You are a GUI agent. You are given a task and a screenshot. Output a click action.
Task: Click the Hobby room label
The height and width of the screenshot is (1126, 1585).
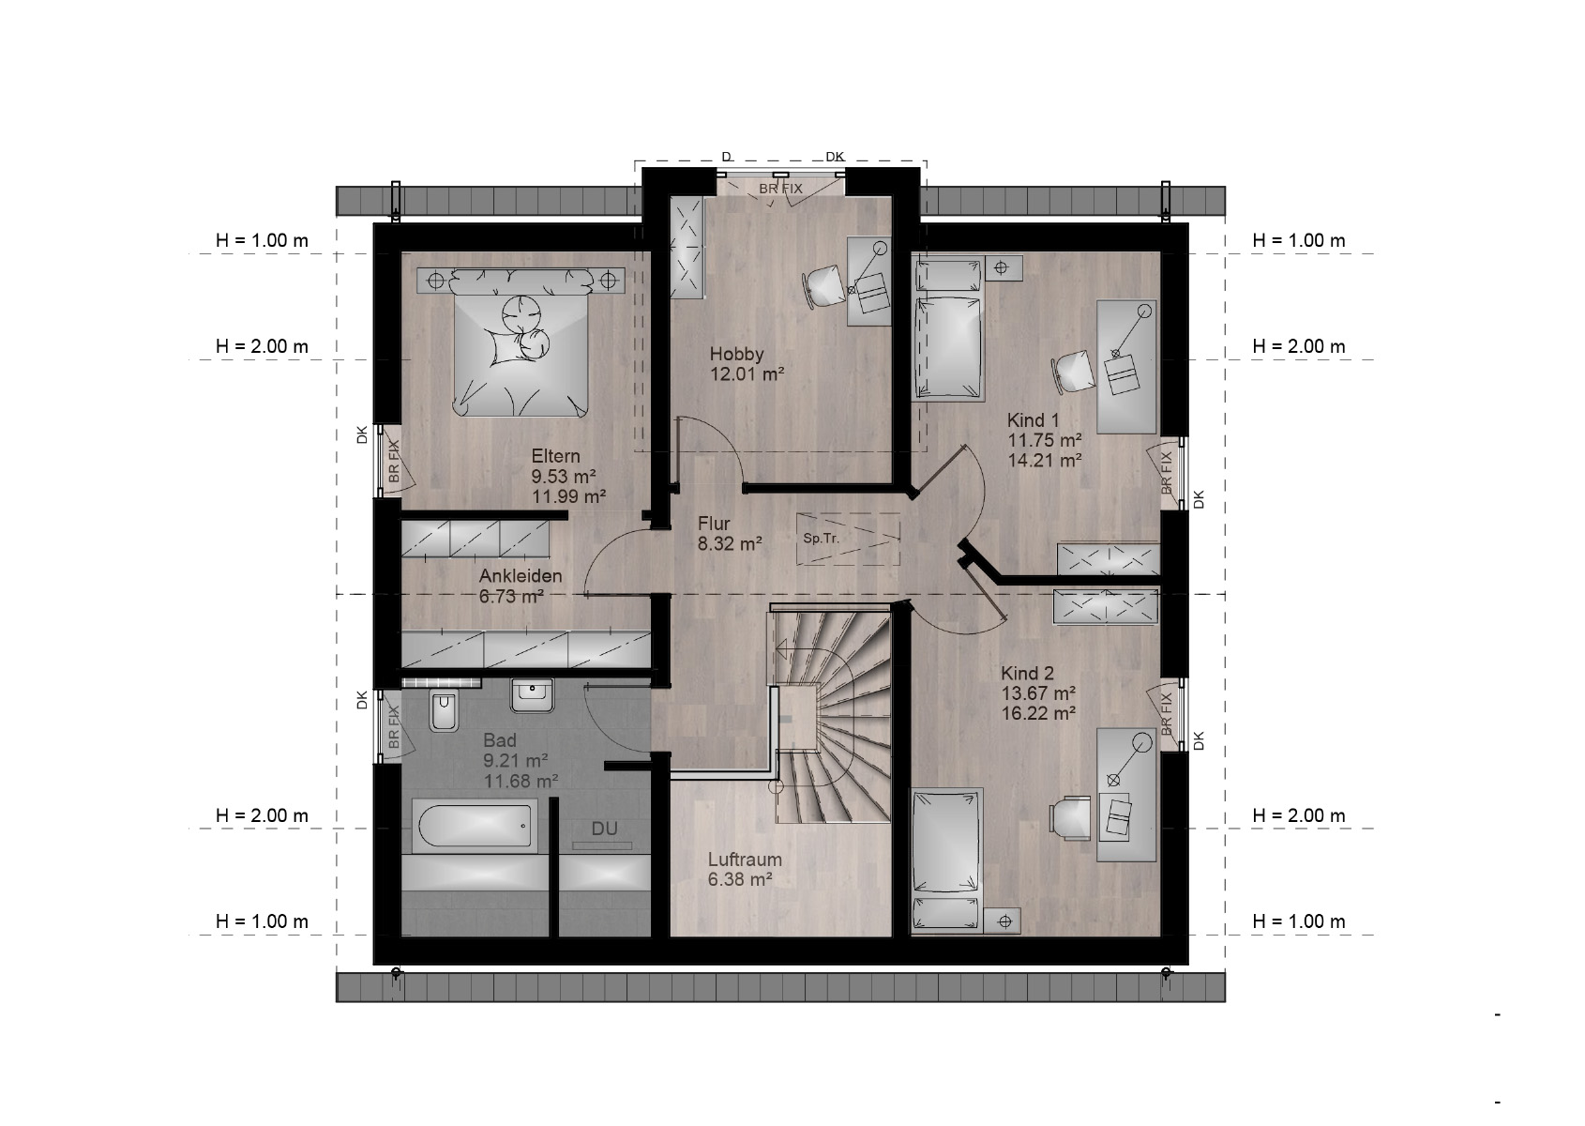[x=736, y=354]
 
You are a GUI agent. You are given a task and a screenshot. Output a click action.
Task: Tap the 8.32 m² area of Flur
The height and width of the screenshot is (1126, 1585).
[x=730, y=543]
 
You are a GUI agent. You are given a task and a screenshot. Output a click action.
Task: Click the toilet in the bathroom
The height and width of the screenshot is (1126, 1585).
[x=444, y=710]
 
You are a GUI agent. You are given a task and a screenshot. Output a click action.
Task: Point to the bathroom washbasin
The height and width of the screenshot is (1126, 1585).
[x=532, y=695]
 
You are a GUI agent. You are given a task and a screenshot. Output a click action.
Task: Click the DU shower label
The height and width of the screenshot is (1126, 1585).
[x=604, y=829]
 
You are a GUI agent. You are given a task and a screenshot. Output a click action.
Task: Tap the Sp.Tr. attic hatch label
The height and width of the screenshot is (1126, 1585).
[x=821, y=538]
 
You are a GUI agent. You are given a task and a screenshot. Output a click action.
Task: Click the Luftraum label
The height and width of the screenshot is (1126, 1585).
[x=745, y=860]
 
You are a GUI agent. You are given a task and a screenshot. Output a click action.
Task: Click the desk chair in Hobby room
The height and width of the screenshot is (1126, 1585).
[x=823, y=286]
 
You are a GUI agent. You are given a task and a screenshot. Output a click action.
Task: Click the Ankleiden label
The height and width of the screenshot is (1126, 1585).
[x=521, y=576]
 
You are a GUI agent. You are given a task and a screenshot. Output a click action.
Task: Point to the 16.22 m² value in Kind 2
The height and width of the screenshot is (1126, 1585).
[x=1038, y=713]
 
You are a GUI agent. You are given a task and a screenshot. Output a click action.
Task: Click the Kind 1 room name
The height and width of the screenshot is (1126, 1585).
[x=1034, y=419]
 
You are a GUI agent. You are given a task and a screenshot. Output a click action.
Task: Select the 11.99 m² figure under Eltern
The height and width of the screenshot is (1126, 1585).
[x=568, y=496]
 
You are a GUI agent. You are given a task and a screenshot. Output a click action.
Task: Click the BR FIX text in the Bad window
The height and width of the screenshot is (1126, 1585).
[x=393, y=727]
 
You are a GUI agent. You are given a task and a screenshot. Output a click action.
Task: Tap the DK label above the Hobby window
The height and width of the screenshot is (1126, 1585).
[x=835, y=157]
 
